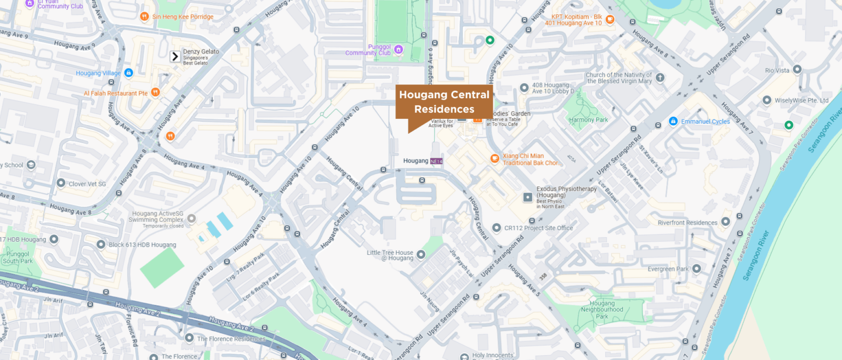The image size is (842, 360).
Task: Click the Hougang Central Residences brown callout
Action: coord(444,101)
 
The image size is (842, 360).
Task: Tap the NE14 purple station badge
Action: coord(436,161)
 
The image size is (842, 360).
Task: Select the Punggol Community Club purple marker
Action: coord(399,49)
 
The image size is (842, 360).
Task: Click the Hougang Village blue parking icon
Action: coord(128,72)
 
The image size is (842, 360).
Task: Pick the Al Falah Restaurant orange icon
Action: coord(155,93)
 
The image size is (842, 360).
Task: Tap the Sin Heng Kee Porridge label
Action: coord(183,17)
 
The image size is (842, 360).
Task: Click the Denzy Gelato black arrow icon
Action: coord(175,56)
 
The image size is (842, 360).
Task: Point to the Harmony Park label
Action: coord(588,119)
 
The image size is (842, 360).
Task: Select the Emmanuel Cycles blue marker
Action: coord(673,121)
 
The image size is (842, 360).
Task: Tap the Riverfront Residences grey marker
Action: coord(726,222)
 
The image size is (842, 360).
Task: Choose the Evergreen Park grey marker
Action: coord(696,268)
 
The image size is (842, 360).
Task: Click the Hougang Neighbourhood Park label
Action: coord(602,310)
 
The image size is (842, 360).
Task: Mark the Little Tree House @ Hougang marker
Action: coord(421,254)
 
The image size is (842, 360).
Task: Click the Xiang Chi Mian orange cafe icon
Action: coord(494,159)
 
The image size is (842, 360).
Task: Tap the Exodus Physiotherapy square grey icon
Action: coord(527,197)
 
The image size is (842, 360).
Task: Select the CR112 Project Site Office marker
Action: coord(496,227)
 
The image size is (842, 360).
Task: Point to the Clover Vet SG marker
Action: coord(61,183)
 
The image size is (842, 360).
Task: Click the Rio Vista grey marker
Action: coord(797,70)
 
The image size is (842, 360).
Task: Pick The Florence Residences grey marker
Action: coord(189,338)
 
